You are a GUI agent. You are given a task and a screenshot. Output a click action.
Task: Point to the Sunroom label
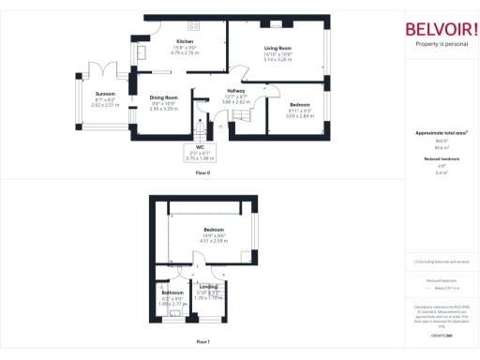[105, 94]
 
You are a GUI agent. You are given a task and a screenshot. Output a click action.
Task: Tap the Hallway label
[234, 91]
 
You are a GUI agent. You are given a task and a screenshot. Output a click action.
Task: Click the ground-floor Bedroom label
[300, 103]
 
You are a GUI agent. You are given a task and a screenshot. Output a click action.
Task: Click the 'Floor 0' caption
[202, 173]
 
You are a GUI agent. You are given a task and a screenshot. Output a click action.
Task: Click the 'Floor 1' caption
[202, 342]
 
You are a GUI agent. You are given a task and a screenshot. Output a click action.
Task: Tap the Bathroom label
[172, 292]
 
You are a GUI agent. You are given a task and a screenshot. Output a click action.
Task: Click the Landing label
[208, 285]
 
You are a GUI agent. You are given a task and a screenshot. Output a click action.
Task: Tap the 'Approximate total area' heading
[440, 133]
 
